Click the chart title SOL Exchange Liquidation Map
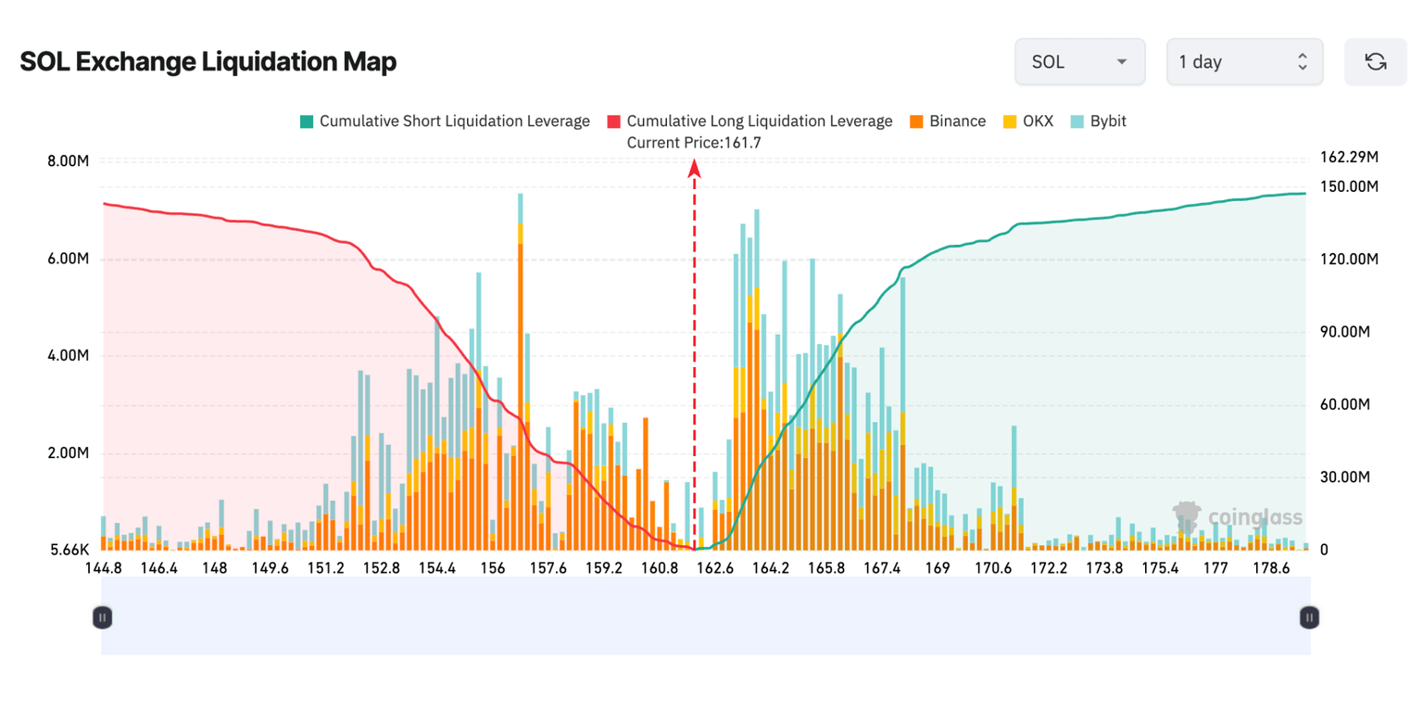(208, 62)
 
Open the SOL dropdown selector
(1080, 62)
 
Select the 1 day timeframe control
(1243, 62)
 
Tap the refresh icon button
(1376, 62)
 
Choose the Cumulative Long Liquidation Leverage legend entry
(749, 121)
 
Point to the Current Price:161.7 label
(694, 143)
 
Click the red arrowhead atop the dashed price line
(694, 168)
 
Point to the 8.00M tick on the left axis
(68, 161)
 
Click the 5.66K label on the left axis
(68, 551)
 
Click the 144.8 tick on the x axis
(103, 568)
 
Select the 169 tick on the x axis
(938, 568)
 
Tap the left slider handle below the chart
(103, 617)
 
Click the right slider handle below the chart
(1308, 617)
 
